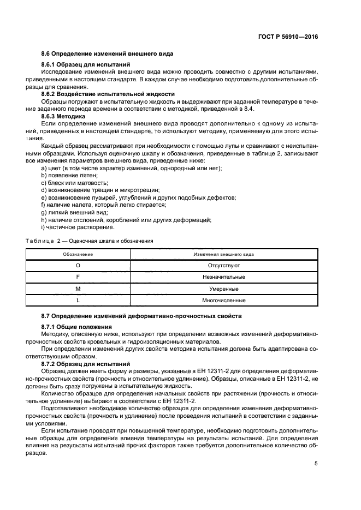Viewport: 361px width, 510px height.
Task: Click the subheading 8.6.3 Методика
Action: [x=63, y=116]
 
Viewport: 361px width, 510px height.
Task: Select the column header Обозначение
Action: [x=78, y=254]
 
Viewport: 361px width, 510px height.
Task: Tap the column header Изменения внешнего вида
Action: [x=223, y=254]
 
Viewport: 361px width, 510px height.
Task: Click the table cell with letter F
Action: [x=78, y=277]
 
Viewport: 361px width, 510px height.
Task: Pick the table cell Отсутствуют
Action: [x=223, y=266]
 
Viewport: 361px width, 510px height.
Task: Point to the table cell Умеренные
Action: [x=223, y=289]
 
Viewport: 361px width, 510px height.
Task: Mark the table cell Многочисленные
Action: [x=223, y=300]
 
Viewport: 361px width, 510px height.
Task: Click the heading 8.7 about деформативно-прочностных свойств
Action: [x=134, y=316]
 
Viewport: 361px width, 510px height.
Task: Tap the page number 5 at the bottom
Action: [x=316, y=463]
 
